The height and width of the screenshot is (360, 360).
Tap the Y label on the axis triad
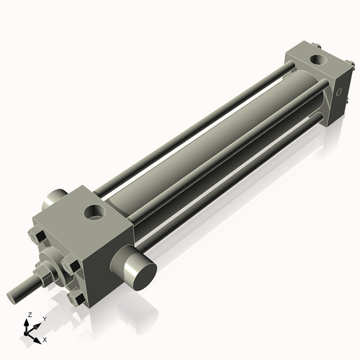tap(44, 318)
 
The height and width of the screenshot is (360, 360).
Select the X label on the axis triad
tap(45, 338)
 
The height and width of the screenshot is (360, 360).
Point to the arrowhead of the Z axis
tap(28, 322)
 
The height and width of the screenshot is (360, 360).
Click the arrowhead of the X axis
tap(39, 336)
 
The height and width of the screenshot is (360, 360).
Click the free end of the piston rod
tap(11, 296)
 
